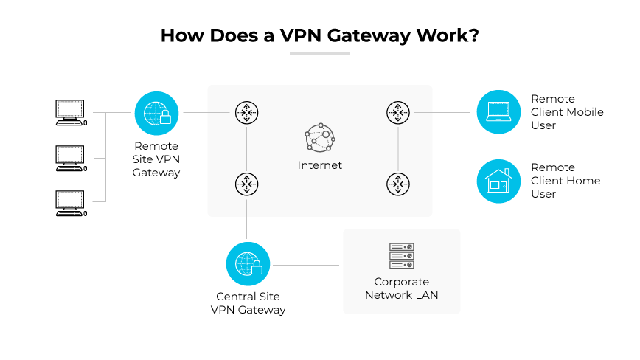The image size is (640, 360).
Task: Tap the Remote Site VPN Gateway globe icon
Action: point(156,113)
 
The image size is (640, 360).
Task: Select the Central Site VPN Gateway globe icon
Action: point(248,263)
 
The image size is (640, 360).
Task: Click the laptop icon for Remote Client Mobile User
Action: point(498,112)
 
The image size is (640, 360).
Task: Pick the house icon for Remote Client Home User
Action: point(498,181)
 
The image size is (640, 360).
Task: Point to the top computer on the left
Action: point(72,112)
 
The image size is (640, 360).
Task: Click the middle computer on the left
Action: point(72,157)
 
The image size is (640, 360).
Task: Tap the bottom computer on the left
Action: point(72,202)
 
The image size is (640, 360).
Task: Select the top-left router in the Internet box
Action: point(246,113)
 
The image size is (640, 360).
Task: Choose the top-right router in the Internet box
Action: point(397,113)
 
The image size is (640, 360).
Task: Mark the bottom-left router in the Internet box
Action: point(246,184)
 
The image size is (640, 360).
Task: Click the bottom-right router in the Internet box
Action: point(397,184)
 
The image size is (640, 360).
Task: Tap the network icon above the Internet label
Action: point(319,136)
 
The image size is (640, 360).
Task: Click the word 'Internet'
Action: point(319,165)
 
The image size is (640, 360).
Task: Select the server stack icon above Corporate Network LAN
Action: point(401,256)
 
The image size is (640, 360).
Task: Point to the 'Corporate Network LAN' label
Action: point(401,288)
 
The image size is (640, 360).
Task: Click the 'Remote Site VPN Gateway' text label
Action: point(156,159)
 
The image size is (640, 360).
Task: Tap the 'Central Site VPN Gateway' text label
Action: point(248,303)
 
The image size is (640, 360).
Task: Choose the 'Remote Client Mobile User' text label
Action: point(566,112)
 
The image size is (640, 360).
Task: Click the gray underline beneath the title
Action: point(319,53)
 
